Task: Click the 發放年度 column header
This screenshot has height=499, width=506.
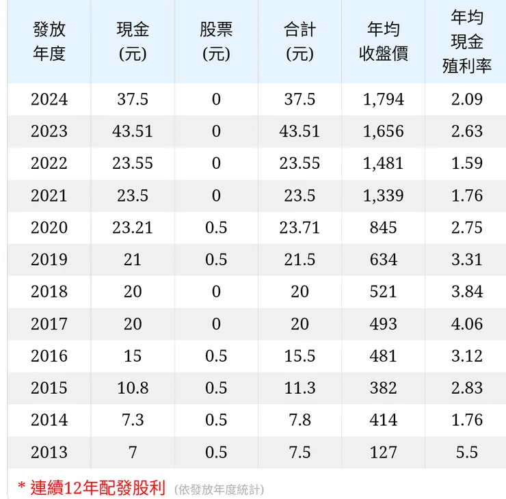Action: click(49, 42)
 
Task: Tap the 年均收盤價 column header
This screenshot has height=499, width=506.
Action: click(383, 42)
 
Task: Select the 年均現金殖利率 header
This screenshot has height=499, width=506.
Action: click(467, 42)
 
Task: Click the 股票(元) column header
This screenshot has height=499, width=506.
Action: click(216, 42)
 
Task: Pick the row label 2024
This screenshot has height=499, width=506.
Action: click(49, 99)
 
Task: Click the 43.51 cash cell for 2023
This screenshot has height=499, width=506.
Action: click(133, 131)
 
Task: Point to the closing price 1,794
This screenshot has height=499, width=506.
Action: click(383, 99)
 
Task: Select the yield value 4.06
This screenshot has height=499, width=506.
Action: click(467, 323)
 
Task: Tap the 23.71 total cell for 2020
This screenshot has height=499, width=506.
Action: click(299, 228)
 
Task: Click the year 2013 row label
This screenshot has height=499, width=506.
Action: click(49, 452)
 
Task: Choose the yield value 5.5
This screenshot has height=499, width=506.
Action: click(467, 452)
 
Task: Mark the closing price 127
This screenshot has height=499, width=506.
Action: click(383, 452)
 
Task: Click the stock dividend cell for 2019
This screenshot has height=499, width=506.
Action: click(216, 260)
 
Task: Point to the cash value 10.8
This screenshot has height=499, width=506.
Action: click(133, 388)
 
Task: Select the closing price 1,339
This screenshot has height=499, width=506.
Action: click(383, 195)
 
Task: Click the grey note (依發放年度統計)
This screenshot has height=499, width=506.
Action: click(219, 489)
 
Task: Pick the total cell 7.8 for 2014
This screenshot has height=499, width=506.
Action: click(299, 420)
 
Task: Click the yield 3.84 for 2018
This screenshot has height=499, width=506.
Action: click(467, 292)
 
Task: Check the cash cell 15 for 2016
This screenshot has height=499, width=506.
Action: click(133, 355)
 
